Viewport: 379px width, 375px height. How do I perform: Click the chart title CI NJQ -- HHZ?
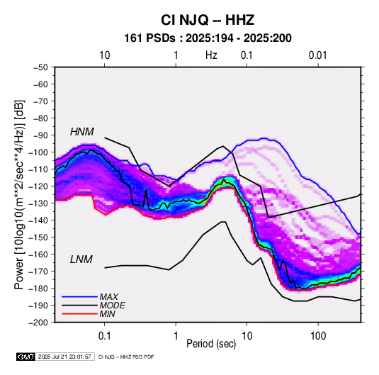[208, 20]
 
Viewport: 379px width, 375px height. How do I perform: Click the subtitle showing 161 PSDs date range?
[208, 38]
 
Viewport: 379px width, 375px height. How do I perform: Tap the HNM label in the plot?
[82, 132]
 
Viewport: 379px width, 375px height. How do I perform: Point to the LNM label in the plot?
[81, 259]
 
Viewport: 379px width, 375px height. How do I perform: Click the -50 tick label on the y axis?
[40, 67]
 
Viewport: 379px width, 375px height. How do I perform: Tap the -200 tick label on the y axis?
[39, 323]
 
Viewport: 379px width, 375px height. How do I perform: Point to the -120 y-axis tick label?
[39, 186]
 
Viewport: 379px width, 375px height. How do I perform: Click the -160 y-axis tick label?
[39, 254]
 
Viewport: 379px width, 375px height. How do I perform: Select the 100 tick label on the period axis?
[318, 336]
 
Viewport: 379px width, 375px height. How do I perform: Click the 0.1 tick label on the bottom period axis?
[104, 336]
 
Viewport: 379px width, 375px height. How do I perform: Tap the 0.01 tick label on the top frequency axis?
[317, 55]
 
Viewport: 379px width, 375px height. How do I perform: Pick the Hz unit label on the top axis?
[211, 55]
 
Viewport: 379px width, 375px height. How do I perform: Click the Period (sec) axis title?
[211, 344]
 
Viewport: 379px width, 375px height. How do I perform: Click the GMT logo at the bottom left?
[26, 357]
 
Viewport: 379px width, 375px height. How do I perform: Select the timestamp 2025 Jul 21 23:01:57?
[64, 357]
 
